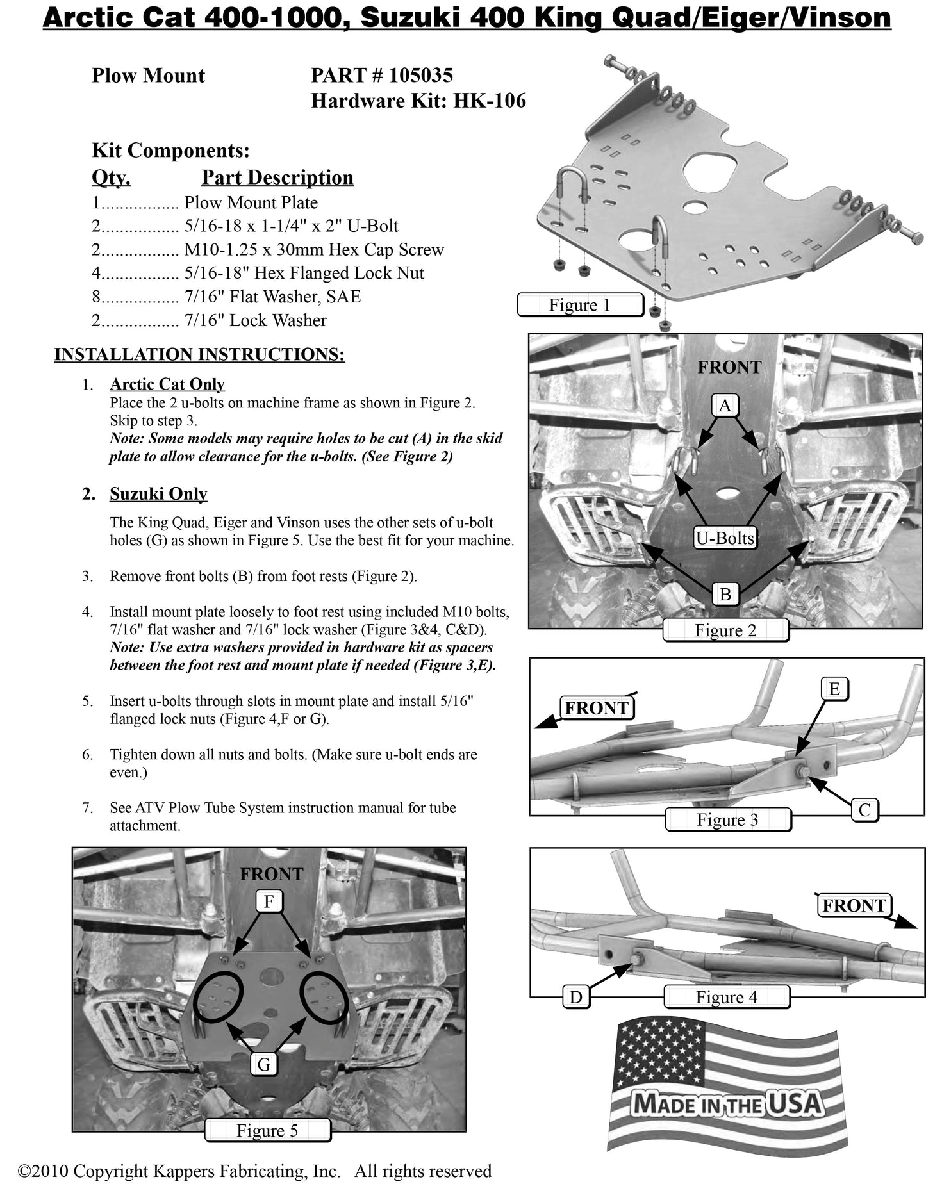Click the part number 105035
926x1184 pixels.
click(x=420, y=76)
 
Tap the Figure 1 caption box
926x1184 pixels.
click(x=579, y=305)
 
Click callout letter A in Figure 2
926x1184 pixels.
click(x=725, y=406)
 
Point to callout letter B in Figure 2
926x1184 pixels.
click(x=725, y=594)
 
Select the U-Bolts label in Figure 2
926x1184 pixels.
click(x=725, y=538)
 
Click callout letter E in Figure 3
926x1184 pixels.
click(x=834, y=689)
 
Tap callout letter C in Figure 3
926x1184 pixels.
click(x=864, y=810)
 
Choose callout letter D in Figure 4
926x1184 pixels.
click(x=575, y=997)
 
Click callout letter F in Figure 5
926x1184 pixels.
click(x=269, y=901)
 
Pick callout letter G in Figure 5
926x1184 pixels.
click(x=263, y=1065)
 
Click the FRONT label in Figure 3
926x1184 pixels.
click(x=596, y=708)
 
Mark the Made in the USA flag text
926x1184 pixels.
click(x=726, y=1104)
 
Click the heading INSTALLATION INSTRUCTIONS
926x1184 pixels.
click(x=199, y=354)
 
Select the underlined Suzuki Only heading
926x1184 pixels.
click(x=158, y=494)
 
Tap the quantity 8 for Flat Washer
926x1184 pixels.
click(x=96, y=297)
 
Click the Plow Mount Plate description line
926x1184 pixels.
click(x=251, y=203)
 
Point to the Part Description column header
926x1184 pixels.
click(x=277, y=177)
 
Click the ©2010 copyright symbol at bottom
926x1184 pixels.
click(x=24, y=1171)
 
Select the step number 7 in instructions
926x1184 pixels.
click(x=87, y=808)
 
